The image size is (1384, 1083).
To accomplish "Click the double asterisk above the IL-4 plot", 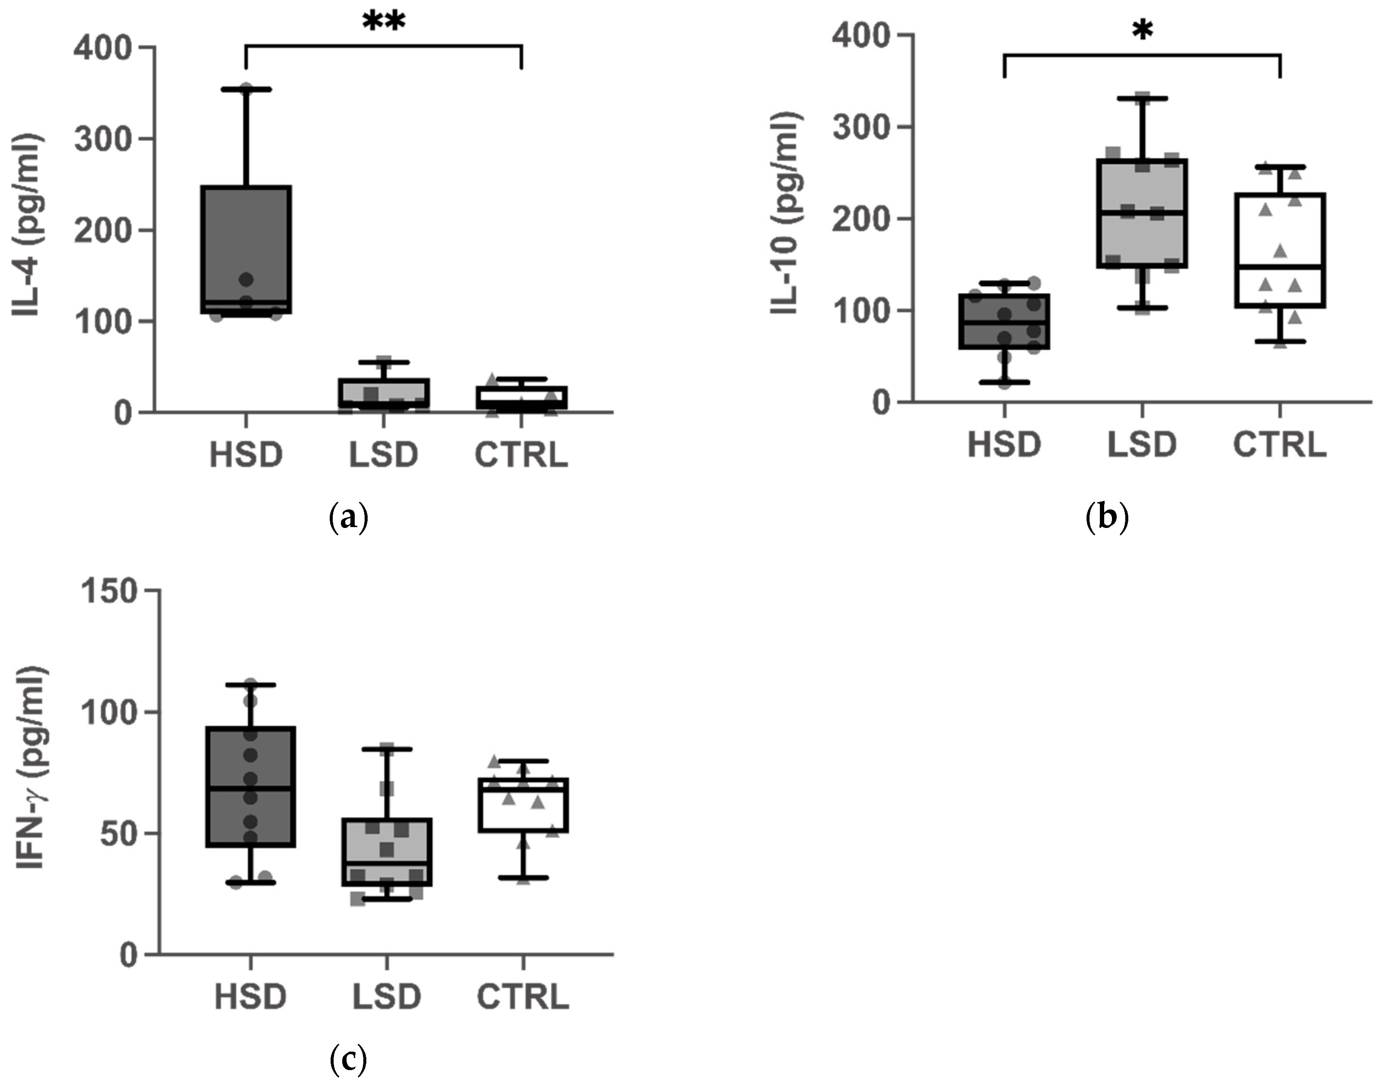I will [x=383, y=23].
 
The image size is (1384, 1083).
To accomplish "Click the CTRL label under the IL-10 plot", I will [x=1279, y=444].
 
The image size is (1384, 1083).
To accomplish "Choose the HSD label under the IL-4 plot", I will [x=246, y=455].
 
